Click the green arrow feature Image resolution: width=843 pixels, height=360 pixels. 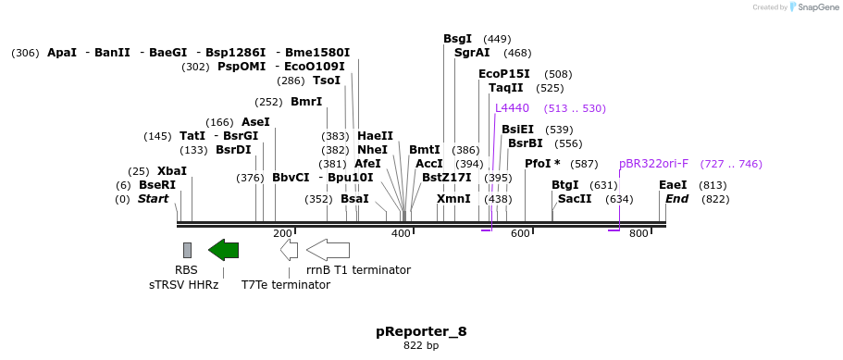point(223,250)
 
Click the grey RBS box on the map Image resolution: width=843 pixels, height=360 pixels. point(187,250)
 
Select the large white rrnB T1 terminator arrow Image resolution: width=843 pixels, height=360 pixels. point(328,250)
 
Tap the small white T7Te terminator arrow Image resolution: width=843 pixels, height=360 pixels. point(289,250)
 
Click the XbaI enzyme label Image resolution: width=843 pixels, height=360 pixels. point(171,171)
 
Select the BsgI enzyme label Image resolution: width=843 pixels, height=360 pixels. point(457,39)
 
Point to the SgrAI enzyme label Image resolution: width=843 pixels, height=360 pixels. point(472,53)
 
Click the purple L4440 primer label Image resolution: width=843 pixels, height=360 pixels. point(512,108)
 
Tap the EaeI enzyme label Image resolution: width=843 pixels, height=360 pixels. point(673,185)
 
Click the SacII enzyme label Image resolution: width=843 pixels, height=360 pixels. point(575,199)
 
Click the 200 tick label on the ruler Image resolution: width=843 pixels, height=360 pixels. point(282,234)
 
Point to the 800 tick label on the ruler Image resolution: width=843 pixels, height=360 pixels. point(638,234)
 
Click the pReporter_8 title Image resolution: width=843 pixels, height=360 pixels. point(421,331)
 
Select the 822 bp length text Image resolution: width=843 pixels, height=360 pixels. point(421,346)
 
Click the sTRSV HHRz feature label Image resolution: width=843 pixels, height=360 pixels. point(183,285)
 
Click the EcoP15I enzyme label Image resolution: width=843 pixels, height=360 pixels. point(504,74)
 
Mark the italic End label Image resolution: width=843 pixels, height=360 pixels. point(676,199)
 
